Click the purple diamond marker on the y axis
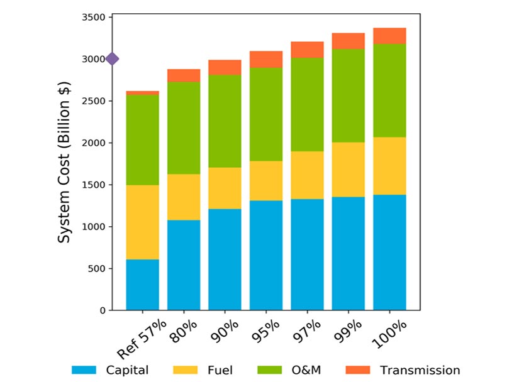coord(112,59)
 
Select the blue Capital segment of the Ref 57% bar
coord(142,285)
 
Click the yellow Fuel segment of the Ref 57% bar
coord(142,222)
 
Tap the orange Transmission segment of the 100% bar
coord(389,36)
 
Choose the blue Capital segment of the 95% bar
coord(266,255)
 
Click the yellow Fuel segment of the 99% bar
coord(349,170)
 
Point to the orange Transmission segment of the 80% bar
coord(184,75)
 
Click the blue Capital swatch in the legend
coord(84,370)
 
